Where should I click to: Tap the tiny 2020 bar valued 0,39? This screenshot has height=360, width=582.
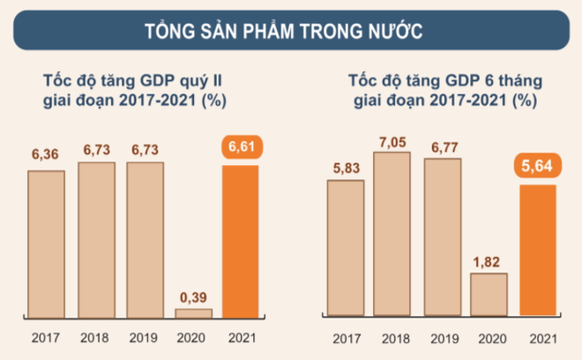point(193,312)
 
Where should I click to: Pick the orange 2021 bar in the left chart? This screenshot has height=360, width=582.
point(241,240)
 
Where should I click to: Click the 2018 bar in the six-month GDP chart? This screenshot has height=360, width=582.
point(391,234)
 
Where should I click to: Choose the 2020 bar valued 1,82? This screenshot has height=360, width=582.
point(489,294)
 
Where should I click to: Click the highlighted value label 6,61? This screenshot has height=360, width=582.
point(241,147)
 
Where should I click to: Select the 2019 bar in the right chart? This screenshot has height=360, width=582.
point(440,236)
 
